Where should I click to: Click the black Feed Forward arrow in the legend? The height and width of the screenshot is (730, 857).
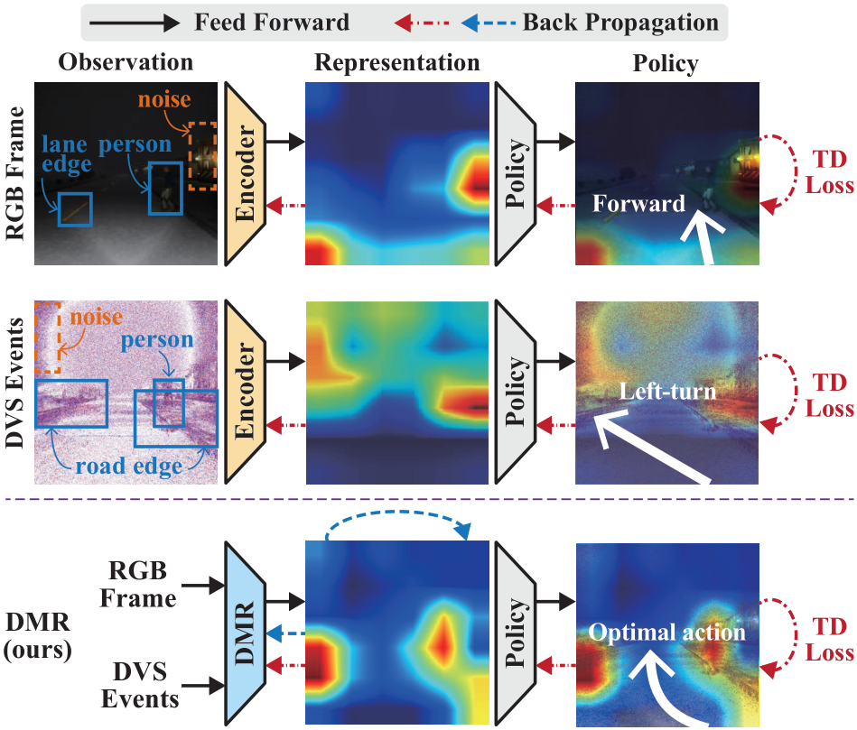[x=135, y=23]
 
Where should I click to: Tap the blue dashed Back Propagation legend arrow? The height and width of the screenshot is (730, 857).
[x=488, y=23]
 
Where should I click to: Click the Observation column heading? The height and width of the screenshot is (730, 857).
[x=126, y=62]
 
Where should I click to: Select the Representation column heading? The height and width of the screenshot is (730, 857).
[x=396, y=63]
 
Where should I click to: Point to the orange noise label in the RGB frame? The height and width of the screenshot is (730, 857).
[x=164, y=99]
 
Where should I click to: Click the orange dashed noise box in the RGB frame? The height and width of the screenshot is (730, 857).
[x=203, y=157]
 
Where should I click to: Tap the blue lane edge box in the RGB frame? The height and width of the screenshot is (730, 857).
[x=76, y=209]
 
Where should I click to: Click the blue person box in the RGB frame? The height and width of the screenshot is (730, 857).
[x=165, y=189]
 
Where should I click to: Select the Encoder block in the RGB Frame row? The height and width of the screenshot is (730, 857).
[x=245, y=173]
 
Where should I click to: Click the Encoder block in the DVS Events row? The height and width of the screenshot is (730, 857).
[x=245, y=392]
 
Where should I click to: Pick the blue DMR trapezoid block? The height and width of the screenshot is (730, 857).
[x=245, y=634]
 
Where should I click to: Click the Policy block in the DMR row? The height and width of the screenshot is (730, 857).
[x=516, y=634]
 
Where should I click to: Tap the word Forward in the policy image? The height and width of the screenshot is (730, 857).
[x=639, y=204]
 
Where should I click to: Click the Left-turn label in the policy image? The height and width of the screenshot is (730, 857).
[x=667, y=392]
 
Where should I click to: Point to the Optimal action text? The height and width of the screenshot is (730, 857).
[x=666, y=633]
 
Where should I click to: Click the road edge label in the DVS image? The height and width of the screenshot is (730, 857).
[x=129, y=467]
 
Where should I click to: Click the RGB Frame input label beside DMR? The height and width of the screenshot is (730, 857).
[x=138, y=584]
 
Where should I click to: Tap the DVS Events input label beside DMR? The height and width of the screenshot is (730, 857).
[x=140, y=685]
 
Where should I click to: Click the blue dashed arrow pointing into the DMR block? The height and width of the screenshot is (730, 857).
[x=286, y=634]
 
